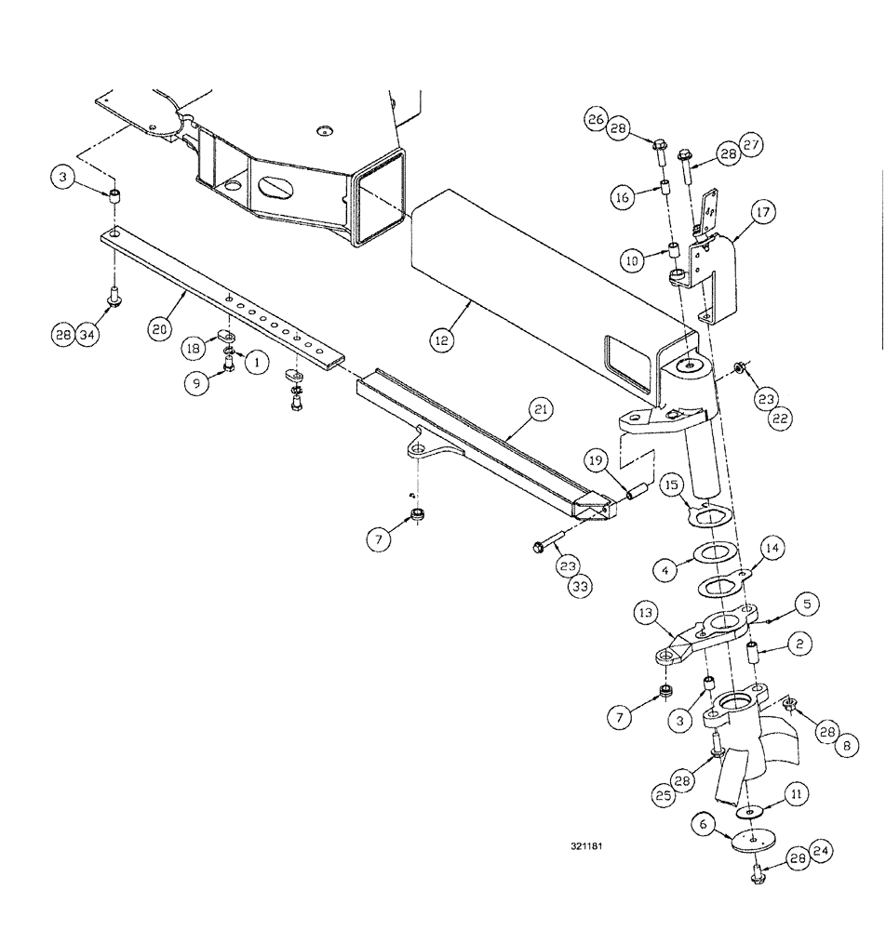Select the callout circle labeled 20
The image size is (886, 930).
click(x=159, y=327)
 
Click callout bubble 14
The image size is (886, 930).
click(x=772, y=550)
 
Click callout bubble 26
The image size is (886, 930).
click(x=597, y=118)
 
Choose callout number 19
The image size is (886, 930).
click(x=596, y=458)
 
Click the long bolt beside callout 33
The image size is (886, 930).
click(x=554, y=541)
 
